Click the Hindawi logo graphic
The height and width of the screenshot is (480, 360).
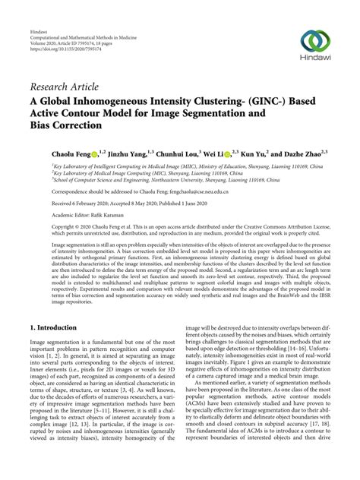pyautogui.click(x=316, y=41)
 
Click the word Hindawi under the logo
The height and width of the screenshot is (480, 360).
pyautogui.click(x=316, y=60)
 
